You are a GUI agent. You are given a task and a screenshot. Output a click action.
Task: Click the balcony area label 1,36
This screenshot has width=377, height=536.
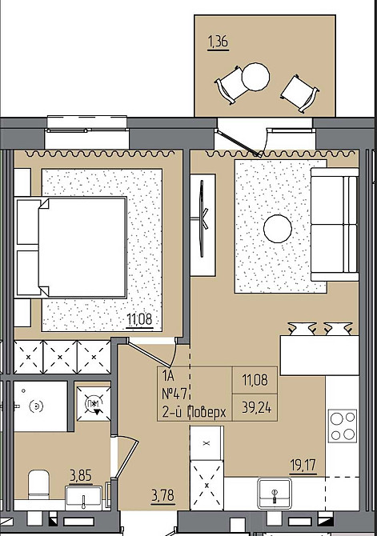(218, 42)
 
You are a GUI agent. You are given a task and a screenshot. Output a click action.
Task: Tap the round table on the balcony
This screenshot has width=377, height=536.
(255, 77)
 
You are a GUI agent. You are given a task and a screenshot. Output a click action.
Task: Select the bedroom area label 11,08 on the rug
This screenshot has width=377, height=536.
(139, 319)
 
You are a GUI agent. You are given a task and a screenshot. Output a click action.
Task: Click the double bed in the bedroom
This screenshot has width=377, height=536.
(70, 247)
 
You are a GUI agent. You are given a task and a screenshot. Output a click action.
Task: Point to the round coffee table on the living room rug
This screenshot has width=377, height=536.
(278, 229)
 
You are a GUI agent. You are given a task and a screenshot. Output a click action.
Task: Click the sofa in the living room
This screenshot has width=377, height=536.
(335, 224)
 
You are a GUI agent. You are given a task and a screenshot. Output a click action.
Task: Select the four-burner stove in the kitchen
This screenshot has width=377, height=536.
(343, 426)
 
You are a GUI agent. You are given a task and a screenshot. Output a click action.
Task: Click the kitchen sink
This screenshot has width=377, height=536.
(275, 493)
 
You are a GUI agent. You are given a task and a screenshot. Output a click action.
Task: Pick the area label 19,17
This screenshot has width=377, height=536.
(303, 465)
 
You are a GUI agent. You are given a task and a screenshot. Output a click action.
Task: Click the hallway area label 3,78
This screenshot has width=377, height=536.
(162, 495)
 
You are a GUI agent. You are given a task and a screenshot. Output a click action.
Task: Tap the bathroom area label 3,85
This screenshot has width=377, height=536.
(81, 475)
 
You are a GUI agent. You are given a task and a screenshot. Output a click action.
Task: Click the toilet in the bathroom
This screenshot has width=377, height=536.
(38, 485)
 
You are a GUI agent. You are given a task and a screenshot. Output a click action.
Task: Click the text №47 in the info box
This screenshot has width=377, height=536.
(174, 394)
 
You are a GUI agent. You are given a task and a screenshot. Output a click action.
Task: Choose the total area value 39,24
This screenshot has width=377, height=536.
(257, 407)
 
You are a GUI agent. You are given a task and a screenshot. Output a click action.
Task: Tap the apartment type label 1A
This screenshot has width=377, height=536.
(168, 376)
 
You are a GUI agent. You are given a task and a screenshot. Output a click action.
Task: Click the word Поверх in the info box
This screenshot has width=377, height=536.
(207, 412)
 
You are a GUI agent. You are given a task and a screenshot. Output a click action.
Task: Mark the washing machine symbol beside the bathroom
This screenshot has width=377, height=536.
(94, 404)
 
